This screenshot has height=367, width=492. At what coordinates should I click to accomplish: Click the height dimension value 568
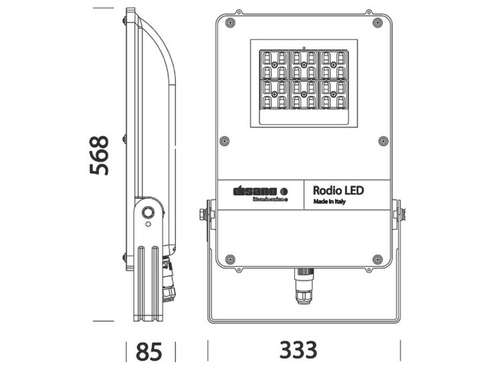pos(100,155)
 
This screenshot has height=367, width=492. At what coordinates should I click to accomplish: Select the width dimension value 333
pos(298,350)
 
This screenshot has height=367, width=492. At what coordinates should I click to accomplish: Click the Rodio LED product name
pos(338,190)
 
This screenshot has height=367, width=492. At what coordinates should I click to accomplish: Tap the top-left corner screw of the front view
pos(230,23)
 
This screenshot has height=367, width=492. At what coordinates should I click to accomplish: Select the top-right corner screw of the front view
pos(378,23)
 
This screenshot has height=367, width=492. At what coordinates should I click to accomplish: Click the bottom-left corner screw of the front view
pos(230,259)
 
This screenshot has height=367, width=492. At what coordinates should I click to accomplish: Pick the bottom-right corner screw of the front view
pos(378,259)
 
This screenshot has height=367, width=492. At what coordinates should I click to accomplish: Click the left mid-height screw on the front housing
pos(224,141)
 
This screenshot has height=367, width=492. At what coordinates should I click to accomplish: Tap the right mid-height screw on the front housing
pos(383,141)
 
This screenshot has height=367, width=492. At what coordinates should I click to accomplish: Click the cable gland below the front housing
pos(304,286)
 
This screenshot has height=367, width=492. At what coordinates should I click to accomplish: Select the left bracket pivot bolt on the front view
pos(203,214)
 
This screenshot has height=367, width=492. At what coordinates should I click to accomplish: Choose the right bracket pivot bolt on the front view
pos(402,214)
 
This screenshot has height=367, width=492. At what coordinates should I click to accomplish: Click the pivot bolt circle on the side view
pos(148,213)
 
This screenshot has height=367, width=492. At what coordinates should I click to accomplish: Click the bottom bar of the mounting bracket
pos(304,320)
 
